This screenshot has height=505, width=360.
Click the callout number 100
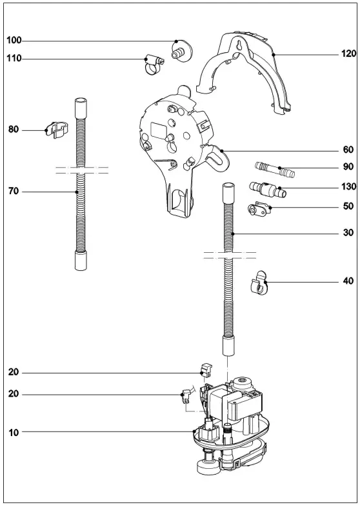click(14, 40)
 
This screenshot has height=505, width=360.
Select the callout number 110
click(14, 58)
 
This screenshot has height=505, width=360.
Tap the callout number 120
click(349, 54)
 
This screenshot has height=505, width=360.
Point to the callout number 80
click(14, 130)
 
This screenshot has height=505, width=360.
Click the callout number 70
click(14, 192)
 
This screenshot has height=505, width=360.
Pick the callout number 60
click(348, 150)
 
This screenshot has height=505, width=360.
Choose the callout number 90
click(348, 167)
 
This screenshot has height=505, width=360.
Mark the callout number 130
click(348, 187)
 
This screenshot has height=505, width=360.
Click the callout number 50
click(348, 206)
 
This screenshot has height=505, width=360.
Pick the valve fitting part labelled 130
click(267, 190)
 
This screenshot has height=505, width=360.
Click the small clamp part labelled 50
click(260, 209)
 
